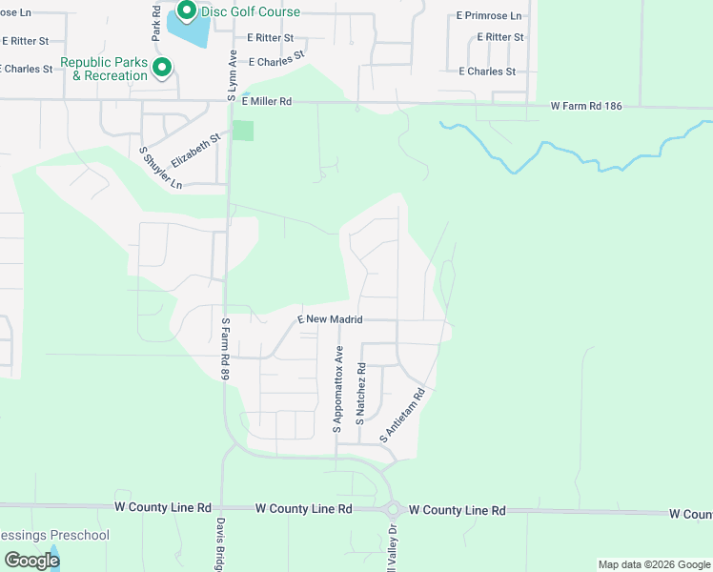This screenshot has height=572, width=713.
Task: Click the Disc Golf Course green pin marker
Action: coord(187,11)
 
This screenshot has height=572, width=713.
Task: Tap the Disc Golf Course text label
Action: coord(251,12)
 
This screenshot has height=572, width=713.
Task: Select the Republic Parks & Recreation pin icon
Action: coord(162,68)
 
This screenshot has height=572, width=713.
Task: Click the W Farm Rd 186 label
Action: coord(586,107)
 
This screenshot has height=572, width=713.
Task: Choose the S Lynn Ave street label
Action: coord(231,76)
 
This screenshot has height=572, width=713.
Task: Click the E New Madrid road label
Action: coord(330,319)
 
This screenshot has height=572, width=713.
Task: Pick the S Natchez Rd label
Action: coord(361,393)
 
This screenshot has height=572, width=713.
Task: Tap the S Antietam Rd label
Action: coord(402,414)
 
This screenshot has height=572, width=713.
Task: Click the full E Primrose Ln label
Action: coord(489,16)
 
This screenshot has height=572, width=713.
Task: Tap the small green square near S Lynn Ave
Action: coord(244,131)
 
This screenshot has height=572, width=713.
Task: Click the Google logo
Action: coord(31,560)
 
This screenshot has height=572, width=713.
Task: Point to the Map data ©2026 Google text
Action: coord(654,564)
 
